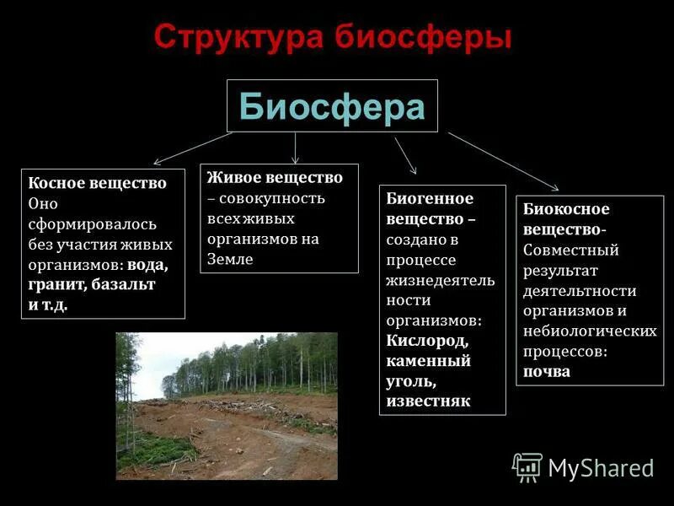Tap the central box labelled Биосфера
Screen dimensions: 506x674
click(332, 106)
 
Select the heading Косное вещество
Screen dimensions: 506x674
click(97, 182)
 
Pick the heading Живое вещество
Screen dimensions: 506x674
click(275, 178)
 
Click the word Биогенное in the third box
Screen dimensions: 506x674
click(430, 199)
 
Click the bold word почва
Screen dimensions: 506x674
click(547, 371)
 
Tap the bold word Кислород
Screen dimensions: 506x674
click(427, 341)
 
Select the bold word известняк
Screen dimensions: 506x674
click(428, 401)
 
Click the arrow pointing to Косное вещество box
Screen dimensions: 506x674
click(192, 148)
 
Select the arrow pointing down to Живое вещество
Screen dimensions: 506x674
click(295, 148)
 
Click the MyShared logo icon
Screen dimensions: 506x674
click(527, 466)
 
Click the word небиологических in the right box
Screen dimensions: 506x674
click(590, 331)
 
